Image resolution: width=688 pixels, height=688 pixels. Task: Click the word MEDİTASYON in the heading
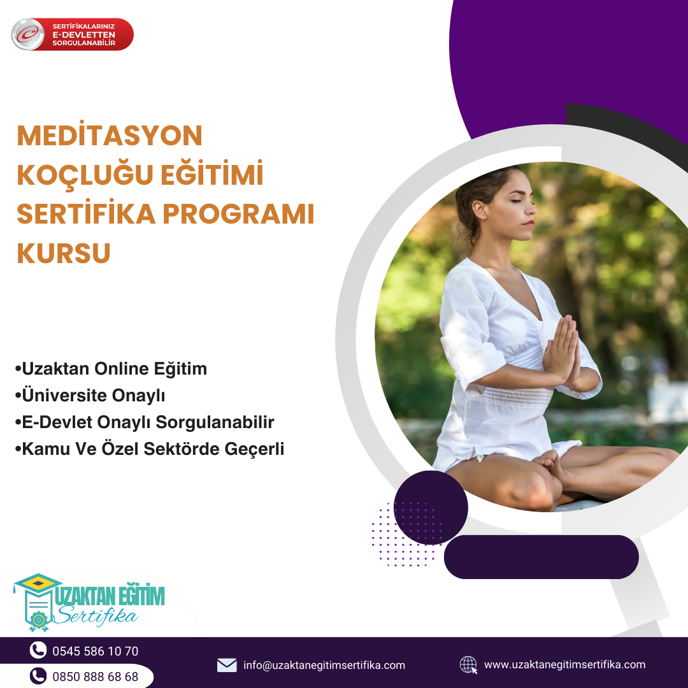[110, 135]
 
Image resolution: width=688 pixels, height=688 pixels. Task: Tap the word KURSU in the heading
[64, 253]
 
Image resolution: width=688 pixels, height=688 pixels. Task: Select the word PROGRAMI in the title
[238, 213]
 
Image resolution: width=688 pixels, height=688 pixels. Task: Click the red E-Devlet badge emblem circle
[27, 34]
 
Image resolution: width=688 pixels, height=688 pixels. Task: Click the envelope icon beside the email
[227, 665]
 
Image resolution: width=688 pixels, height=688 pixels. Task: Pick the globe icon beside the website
[468, 664]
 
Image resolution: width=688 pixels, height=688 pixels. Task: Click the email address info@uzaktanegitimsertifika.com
[324, 665]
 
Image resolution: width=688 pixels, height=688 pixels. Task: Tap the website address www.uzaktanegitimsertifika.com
[564, 664]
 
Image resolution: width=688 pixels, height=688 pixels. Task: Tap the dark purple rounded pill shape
[541, 557]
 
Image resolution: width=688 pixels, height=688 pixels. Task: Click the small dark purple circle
[431, 508]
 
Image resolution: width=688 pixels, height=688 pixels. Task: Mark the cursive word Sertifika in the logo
[97, 615]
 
